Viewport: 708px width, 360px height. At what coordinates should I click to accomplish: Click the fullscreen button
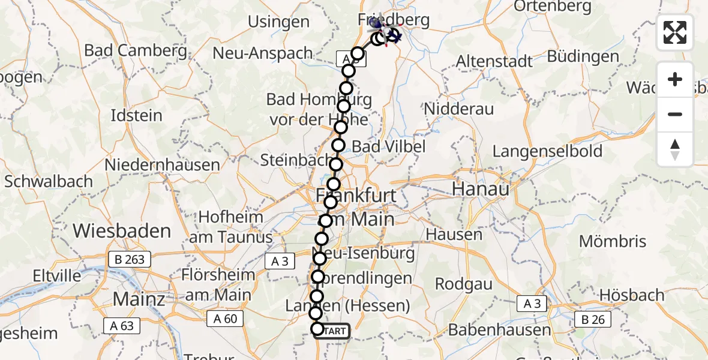(675, 32)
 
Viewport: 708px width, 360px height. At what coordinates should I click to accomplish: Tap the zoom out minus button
(675, 114)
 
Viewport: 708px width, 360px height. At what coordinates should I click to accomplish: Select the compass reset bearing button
(675, 149)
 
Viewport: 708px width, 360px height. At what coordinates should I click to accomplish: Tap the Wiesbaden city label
(122, 230)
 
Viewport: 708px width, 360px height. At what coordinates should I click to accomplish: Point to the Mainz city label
(139, 299)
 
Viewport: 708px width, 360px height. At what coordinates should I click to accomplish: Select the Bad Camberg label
(136, 50)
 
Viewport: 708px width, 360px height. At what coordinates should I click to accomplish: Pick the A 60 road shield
(226, 319)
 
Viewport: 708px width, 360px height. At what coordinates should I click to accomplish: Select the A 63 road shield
(122, 326)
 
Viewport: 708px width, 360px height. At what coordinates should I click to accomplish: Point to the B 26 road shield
(593, 320)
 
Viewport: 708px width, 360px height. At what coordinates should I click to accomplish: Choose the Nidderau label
(458, 109)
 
